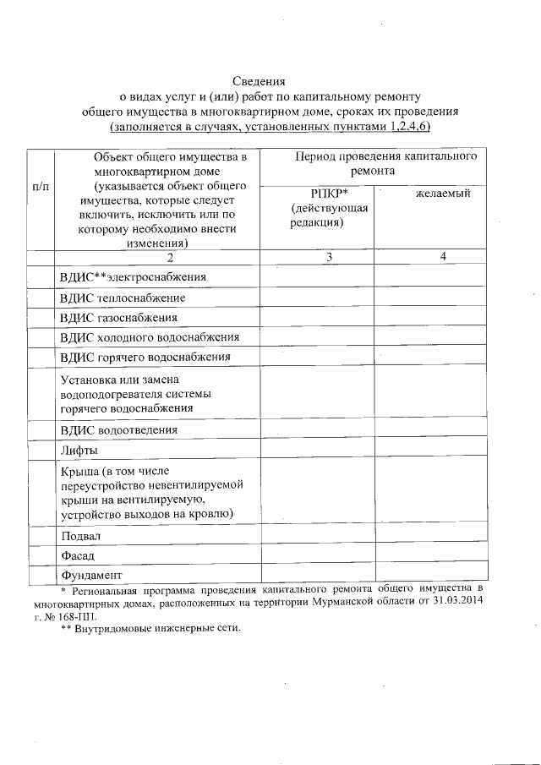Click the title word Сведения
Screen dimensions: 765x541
[270, 82]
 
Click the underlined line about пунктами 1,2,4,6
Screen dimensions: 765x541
[270, 126]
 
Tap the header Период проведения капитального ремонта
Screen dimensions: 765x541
[373, 164]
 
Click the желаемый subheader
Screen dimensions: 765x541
[431, 194]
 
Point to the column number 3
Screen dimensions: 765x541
[317, 257]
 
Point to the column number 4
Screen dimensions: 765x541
[431, 257]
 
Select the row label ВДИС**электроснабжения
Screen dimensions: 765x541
[133, 276]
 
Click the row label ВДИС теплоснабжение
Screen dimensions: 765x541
[123, 298]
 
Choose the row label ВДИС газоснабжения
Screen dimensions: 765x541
[119, 318]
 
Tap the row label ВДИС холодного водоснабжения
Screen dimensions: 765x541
[150, 337]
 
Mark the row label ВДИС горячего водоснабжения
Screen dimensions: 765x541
[145, 357]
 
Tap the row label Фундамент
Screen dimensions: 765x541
[90, 576]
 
